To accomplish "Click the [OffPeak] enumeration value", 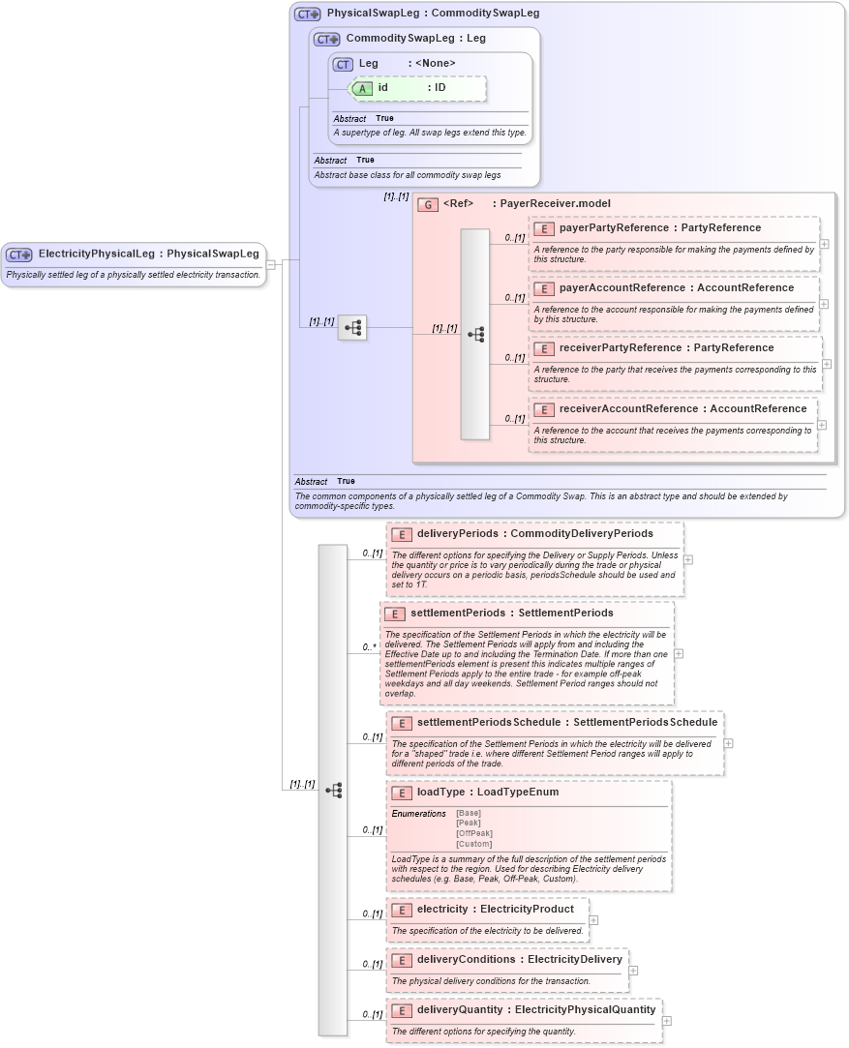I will pyautogui.click(x=474, y=833).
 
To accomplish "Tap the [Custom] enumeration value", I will pyautogui.click(x=474, y=844).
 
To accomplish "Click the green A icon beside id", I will pyautogui.click(x=362, y=88).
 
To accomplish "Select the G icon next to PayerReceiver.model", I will pyautogui.click(x=427, y=204).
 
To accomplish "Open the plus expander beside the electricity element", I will pyautogui.click(x=593, y=920).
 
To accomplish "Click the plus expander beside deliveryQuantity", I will pyautogui.click(x=667, y=1021).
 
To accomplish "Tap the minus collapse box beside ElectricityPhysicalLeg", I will pyautogui.click(x=271, y=264).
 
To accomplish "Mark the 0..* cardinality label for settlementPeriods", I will pyautogui.click(x=370, y=646).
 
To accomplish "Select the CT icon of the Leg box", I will pyautogui.click(x=343, y=64).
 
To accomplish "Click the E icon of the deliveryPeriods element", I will pyautogui.click(x=401, y=534).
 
